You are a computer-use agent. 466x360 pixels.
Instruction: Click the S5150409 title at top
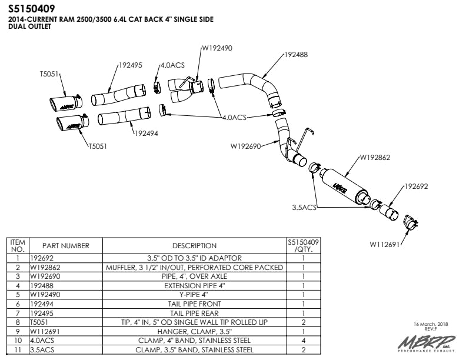tap(32, 9)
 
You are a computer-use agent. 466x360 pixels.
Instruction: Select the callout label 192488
tap(296, 55)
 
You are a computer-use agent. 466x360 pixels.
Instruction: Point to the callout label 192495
tap(131, 66)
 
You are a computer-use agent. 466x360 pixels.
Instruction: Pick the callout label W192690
tap(247, 145)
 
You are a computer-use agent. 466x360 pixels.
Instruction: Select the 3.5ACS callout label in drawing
tap(304, 208)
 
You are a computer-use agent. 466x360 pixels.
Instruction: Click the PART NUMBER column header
tap(65, 246)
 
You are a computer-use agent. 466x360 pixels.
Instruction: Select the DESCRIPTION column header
tap(194, 246)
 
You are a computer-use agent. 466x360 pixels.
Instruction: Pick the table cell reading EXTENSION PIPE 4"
tap(194, 285)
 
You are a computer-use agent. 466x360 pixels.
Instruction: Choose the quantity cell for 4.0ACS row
tap(303, 341)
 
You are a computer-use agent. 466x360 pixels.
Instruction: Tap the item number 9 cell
tap(18, 331)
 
